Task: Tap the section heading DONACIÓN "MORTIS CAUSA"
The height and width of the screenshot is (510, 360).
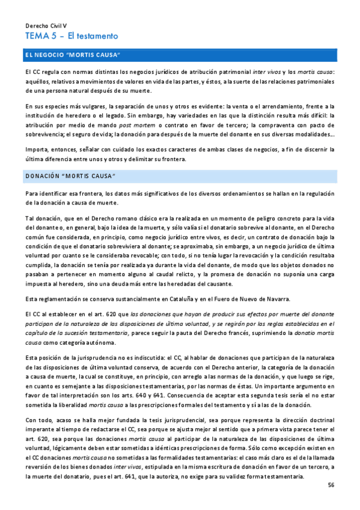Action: coord(70,176)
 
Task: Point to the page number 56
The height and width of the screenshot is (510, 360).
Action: coord(331,485)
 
